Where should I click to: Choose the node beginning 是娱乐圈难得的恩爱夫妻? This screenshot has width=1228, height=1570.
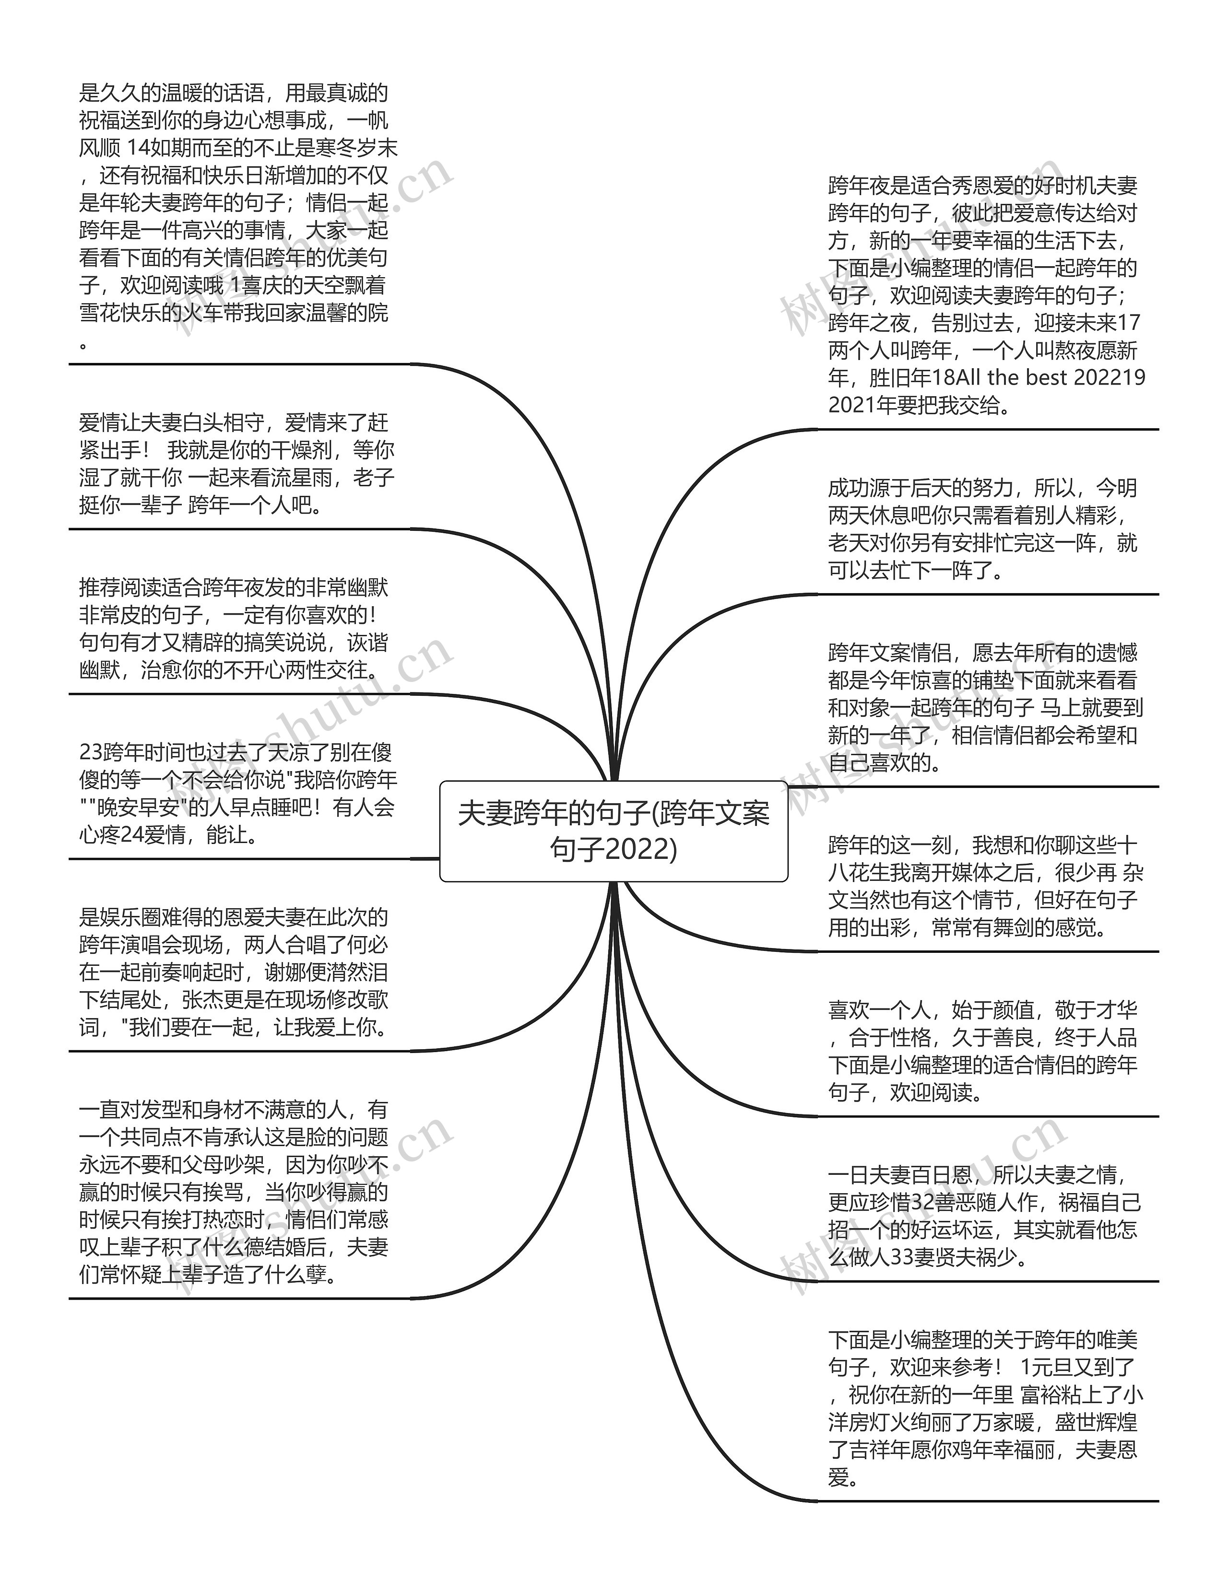234,972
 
